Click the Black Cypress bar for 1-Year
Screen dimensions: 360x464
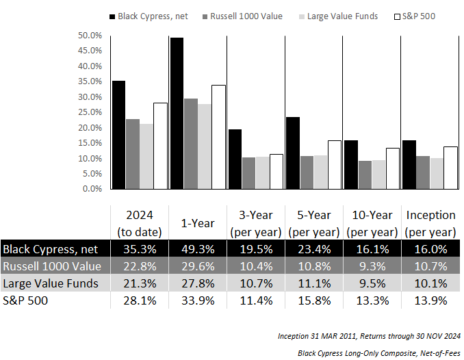176,114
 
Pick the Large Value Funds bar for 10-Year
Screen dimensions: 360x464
378,175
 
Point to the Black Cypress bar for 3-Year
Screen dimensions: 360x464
234,159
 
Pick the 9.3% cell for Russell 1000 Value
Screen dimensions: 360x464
372,266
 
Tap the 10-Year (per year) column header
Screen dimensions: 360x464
372,223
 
